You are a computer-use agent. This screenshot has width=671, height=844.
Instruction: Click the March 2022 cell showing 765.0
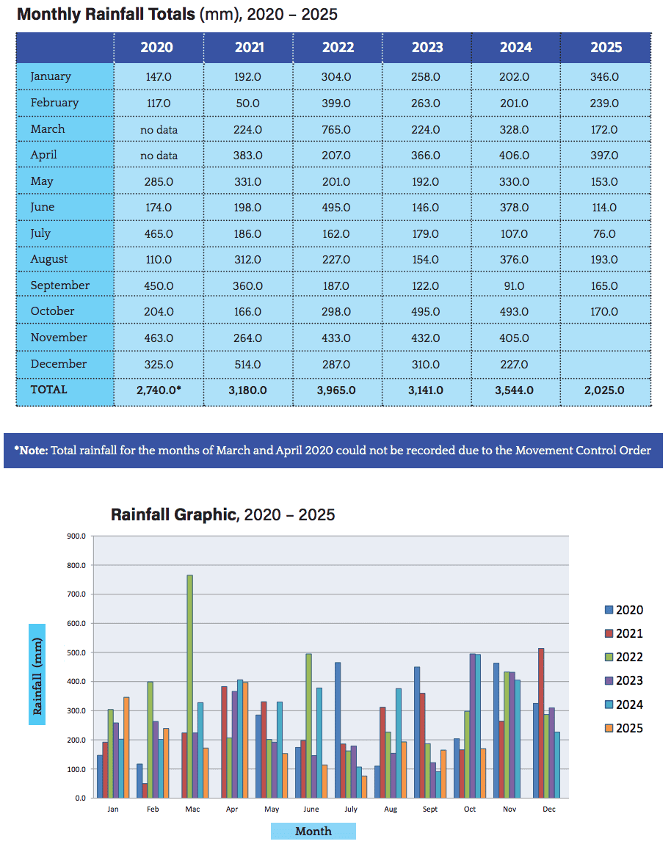(338, 130)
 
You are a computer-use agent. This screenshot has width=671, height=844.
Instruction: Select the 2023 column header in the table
(427, 48)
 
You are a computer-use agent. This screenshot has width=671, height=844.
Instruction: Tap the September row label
(60, 285)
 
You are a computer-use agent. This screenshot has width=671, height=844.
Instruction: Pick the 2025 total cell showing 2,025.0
(605, 390)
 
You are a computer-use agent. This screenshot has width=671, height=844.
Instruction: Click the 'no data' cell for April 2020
(159, 156)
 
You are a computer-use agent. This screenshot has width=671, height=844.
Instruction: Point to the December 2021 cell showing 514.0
(247, 364)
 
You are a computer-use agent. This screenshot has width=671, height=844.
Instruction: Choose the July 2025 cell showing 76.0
(605, 234)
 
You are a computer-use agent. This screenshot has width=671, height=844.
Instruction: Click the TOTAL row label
(48, 390)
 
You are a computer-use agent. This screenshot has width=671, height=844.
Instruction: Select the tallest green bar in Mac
(189, 686)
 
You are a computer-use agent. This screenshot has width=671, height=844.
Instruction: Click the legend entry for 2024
(622, 705)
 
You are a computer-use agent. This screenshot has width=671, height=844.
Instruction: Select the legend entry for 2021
(622, 634)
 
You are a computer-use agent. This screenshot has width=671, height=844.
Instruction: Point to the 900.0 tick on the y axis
(76, 536)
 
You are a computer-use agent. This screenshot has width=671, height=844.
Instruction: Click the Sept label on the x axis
(430, 810)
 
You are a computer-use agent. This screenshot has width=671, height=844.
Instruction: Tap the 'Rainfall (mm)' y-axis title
(37, 674)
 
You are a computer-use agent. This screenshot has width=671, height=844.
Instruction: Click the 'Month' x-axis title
(313, 832)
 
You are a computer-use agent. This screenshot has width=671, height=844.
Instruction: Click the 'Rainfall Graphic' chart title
(174, 514)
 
